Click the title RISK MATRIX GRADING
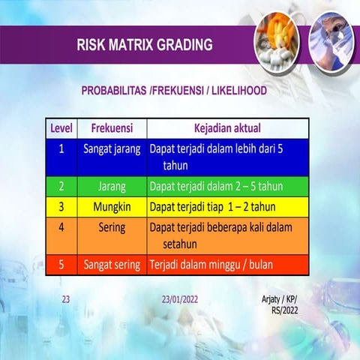click(144, 44)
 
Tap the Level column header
click(61, 128)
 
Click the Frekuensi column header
click(112, 128)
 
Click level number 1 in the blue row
click(61, 149)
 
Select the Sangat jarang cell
click(112, 149)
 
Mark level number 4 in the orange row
click(61, 226)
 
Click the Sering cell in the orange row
click(112, 226)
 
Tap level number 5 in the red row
click(61, 265)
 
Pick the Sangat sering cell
click(112, 265)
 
